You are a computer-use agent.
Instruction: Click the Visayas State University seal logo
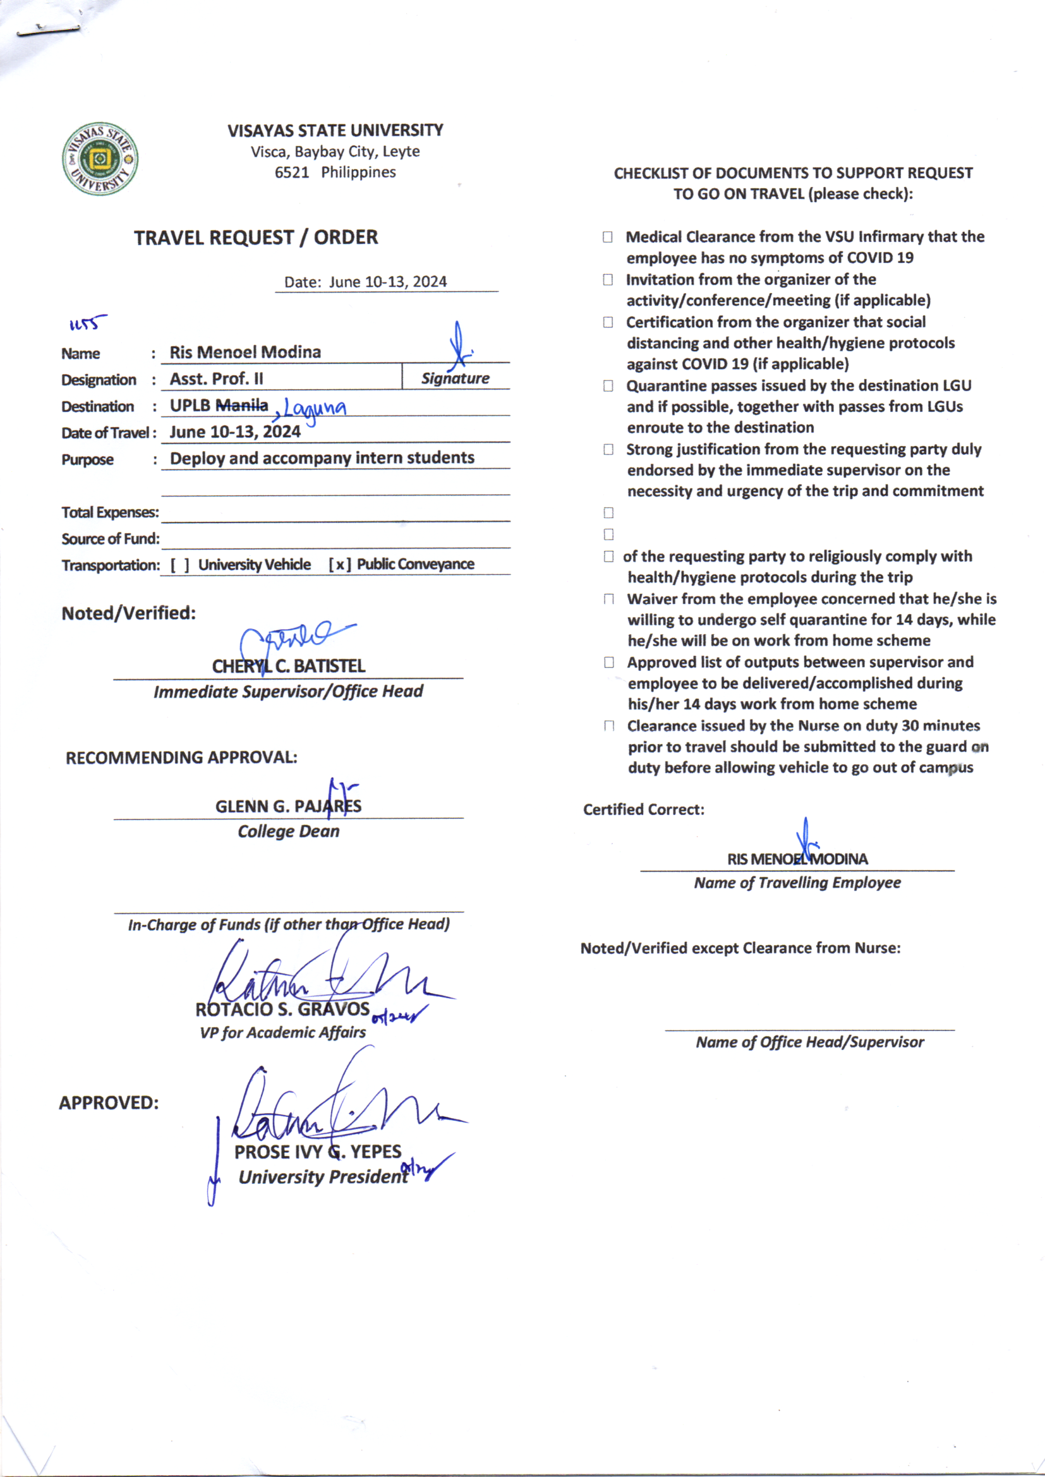pyautogui.click(x=100, y=158)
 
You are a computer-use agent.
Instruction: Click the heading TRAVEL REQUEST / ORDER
pyautogui.click(x=255, y=238)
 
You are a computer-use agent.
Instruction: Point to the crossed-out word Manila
pyautogui.click(x=242, y=406)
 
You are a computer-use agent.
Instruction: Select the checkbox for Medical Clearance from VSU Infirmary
pyautogui.click(x=607, y=237)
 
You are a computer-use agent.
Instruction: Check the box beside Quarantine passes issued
pyautogui.click(x=608, y=386)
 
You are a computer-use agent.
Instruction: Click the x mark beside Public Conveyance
pyautogui.click(x=340, y=565)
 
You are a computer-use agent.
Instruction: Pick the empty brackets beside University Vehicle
pyautogui.click(x=179, y=565)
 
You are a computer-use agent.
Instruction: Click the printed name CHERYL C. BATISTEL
pyautogui.click(x=288, y=666)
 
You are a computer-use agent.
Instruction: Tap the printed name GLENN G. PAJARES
pyautogui.click(x=288, y=806)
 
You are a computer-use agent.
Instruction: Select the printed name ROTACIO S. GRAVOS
pyautogui.click(x=282, y=1009)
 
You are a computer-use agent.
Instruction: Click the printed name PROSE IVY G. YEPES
pyautogui.click(x=317, y=1152)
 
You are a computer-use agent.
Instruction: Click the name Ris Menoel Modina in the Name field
pyautogui.click(x=245, y=352)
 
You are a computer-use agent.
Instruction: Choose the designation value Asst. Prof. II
pyautogui.click(x=216, y=379)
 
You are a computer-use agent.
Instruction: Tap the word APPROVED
pyautogui.click(x=109, y=1102)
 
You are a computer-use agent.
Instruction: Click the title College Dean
pyautogui.click(x=288, y=831)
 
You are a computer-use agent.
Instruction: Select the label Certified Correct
pyautogui.click(x=643, y=809)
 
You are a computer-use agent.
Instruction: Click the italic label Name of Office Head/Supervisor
pyautogui.click(x=809, y=1042)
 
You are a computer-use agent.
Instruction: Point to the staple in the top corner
pyautogui.click(x=48, y=30)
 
